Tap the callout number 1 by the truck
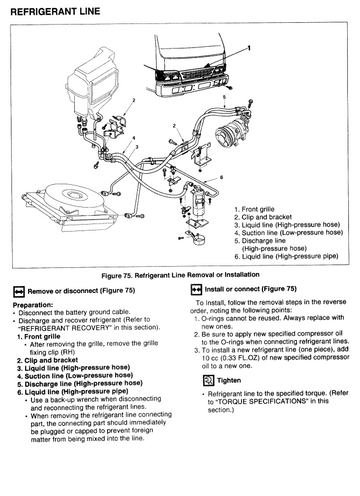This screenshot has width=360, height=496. point(249,48)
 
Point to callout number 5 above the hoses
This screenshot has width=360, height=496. point(224,97)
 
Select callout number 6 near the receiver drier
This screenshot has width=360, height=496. point(221,177)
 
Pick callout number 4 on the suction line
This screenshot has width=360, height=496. point(134,138)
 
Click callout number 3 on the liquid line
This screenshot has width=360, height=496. point(137,147)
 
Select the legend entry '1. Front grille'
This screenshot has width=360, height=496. point(254,209)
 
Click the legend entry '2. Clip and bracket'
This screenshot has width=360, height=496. point(263,217)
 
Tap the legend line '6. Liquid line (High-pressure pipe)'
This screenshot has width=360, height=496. point(286,256)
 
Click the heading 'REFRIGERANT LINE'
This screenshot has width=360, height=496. point(55,12)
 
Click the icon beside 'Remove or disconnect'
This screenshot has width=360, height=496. point(19,291)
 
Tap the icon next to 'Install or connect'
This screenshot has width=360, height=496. point(196,289)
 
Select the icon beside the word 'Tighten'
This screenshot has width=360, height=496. point(209,380)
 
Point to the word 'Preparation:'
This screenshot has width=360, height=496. point(33,305)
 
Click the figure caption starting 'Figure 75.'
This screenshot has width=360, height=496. point(180,275)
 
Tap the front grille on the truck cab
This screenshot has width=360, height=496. point(198,73)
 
